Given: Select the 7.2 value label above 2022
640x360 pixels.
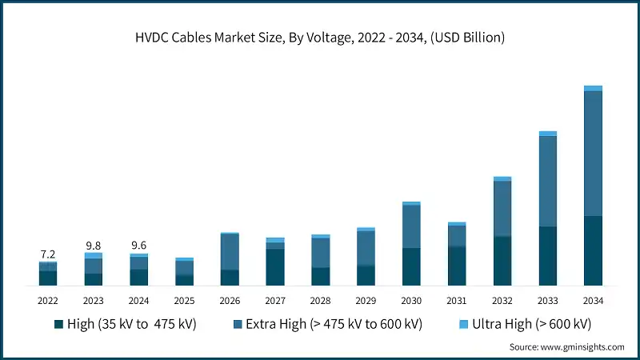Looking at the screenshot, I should pos(47,254).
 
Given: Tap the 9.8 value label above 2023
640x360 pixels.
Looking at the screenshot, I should pos(93,245).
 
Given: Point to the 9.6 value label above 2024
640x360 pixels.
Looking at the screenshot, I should pos(138,246).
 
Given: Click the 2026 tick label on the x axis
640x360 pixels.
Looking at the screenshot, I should pos(230,300).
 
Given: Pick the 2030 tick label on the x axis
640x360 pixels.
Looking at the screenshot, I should pos(411,300).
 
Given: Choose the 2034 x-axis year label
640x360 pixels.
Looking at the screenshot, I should pos(593,300).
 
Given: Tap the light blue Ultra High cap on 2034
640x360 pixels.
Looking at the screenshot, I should pos(593,89).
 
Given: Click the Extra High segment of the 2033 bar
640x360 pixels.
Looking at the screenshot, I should pos(548,182).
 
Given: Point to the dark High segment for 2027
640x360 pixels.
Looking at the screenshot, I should pos(275,267).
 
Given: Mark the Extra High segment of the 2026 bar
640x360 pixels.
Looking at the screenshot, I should pos(230,252).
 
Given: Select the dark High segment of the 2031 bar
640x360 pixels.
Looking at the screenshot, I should pos(457,266).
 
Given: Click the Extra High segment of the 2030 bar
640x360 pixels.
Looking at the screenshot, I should pos(411,227).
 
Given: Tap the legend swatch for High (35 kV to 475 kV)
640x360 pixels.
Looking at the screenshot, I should pos(58,324).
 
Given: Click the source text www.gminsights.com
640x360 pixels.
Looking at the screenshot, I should pos(566,347).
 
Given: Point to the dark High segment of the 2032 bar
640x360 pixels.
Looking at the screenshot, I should pos(502,261).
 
